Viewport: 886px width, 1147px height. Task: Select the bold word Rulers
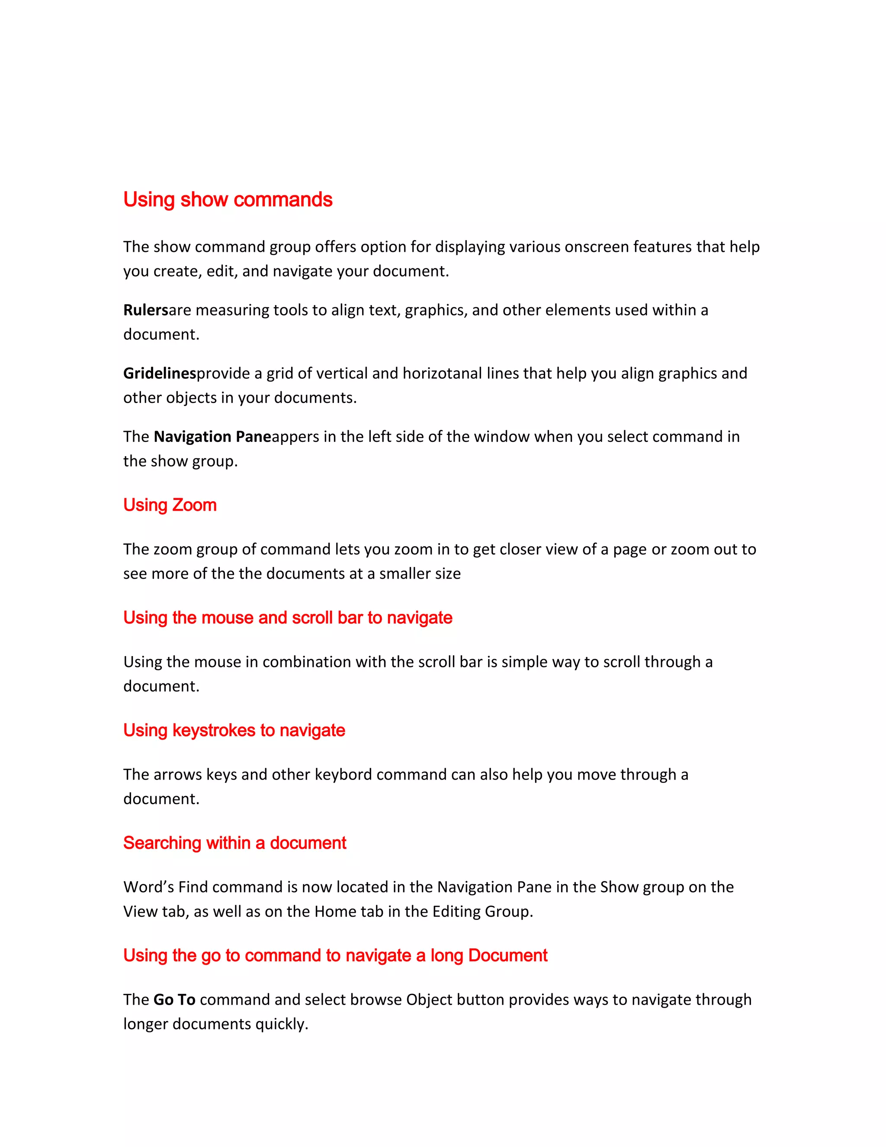[x=145, y=310]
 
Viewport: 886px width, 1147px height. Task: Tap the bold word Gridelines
[x=160, y=374]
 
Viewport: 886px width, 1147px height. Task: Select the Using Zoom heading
[x=170, y=505]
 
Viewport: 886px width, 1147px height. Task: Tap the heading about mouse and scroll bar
[x=288, y=618]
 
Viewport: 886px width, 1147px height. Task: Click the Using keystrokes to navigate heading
[x=234, y=731]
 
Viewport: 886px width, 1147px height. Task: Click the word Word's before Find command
[x=148, y=887]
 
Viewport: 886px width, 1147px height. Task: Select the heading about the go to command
[x=335, y=955]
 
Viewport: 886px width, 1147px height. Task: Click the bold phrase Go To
[x=174, y=999]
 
